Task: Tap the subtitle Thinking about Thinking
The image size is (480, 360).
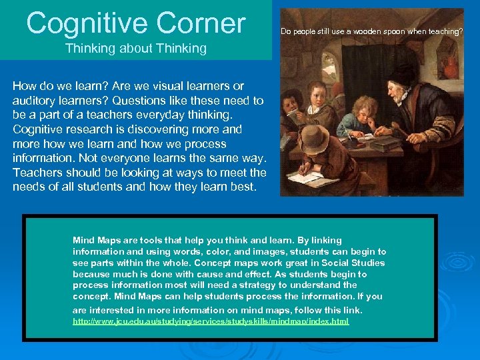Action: tap(135, 48)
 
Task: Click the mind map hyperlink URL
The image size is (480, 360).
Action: tap(210, 321)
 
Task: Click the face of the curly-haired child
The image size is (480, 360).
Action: tap(365, 115)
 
